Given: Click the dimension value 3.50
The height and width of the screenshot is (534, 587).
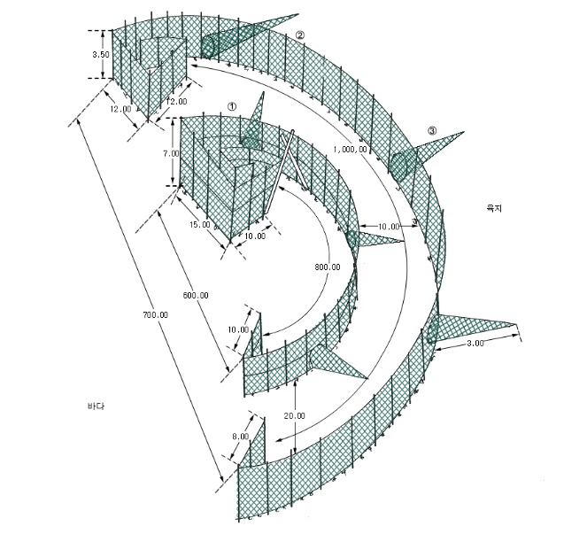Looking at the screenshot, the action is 101,55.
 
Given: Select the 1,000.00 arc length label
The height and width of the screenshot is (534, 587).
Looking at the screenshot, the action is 351,149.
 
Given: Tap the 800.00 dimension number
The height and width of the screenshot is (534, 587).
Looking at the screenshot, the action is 328,267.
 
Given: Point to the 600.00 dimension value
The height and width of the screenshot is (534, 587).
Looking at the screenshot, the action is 196,296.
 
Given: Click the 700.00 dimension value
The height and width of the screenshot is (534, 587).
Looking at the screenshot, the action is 155,315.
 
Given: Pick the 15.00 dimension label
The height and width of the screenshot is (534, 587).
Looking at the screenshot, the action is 200,225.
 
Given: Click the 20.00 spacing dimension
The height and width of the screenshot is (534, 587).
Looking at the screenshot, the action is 294,415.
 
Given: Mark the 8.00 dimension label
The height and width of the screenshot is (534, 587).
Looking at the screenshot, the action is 240,437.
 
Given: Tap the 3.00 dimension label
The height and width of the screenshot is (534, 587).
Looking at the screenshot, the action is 475,344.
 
